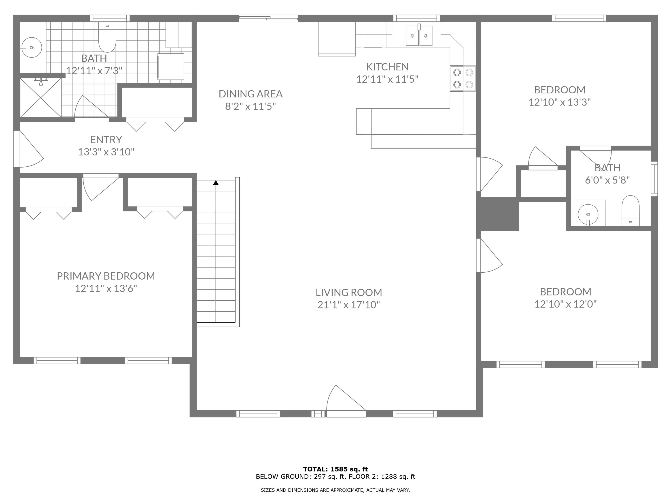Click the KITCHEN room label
pos(387,67)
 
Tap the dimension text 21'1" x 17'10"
pos(348,304)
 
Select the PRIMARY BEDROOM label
pos(106,276)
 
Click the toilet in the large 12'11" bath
pos(107,37)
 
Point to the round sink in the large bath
pos(31,47)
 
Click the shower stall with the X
pos(41,97)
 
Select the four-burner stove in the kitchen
pos(463,78)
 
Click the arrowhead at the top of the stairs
pos(216,183)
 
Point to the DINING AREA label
pos(251,94)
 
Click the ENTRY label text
pos(106,140)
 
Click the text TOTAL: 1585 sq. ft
pos(335,469)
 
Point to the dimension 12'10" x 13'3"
pos(560,102)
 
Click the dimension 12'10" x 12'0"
pos(565,304)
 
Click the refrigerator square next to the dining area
pos(337,39)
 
